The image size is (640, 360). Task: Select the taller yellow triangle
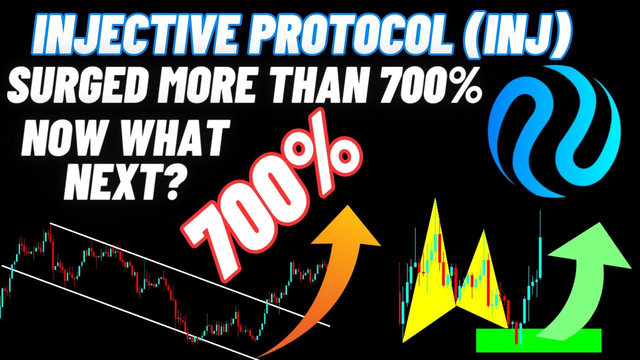click(x=430, y=280)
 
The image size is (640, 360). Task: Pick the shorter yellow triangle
click(x=480, y=285)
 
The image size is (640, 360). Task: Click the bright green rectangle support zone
click(x=538, y=340)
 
